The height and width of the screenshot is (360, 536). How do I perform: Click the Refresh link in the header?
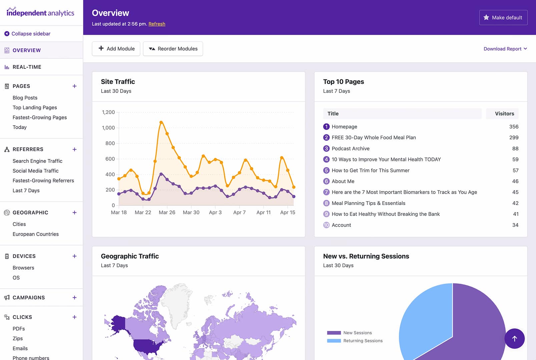(157, 24)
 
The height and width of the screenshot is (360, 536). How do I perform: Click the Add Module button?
(116, 49)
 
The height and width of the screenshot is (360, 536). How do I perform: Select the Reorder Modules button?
(173, 49)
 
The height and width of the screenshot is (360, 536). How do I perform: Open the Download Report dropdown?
(505, 49)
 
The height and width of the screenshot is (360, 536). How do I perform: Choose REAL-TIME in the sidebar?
(27, 67)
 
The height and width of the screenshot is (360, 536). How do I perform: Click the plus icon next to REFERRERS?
(74, 149)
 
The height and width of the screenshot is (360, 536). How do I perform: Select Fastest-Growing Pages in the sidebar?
(40, 117)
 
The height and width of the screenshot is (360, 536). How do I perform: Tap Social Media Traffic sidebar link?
(35, 171)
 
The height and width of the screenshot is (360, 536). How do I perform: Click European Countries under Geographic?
(36, 234)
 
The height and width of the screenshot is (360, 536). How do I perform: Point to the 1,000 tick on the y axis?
(108, 128)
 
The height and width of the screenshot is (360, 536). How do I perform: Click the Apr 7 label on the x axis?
(239, 212)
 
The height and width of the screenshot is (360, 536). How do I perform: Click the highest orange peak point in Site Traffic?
(161, 122)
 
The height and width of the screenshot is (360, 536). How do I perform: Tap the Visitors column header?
(504, 114)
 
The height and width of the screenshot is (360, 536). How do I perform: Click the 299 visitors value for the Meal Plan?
(513, 138)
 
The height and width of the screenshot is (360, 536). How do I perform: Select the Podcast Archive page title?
(350, 149)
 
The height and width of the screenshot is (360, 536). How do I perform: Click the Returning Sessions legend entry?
(363, 341)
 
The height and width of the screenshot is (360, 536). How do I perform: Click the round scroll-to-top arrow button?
(514, 339)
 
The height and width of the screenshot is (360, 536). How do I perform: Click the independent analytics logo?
(40, 13)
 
